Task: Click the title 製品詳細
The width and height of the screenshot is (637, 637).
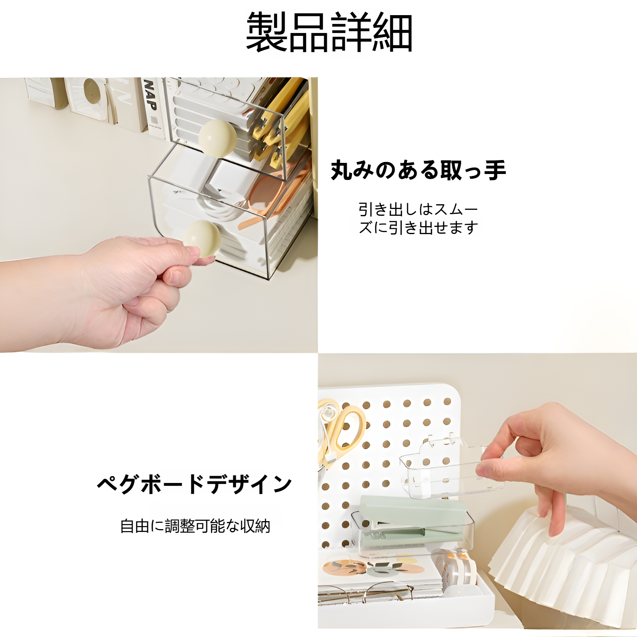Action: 329,32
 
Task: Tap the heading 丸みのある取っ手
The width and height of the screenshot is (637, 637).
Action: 418,170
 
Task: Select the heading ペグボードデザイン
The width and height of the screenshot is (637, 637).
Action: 194,484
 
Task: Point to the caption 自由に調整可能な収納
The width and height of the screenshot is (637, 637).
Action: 195,526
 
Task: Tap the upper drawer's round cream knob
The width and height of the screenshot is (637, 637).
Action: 217,136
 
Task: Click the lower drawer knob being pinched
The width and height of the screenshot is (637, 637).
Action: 202,238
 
